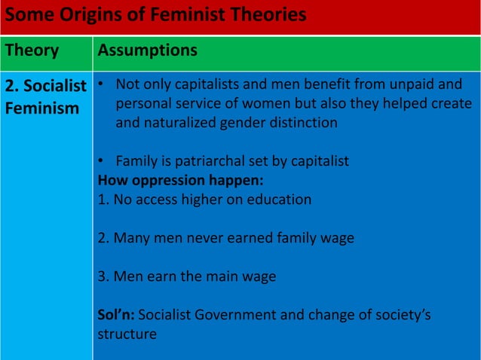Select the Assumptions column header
pyautogui.click(x=148, y=50)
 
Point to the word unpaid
pyautogui.click(x=409, y=84)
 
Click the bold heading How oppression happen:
pyautogui.click(x=167, y=180)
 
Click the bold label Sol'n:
pyautogui.click(x=116, y=315)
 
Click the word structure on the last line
pyautogui.click(x=127, y=334)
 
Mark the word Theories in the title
pyautogui.click(x=268, y=14)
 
